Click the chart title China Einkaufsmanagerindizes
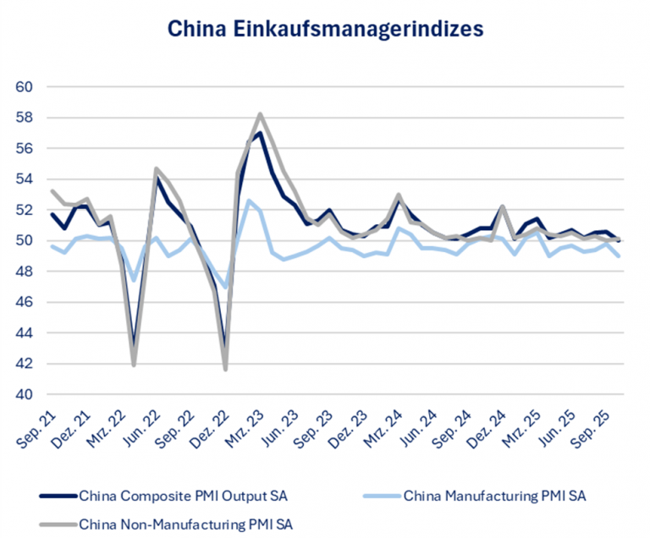pyautogui.click(x=325, y=29)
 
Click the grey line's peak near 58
pyautogui.click(x=260, y=114)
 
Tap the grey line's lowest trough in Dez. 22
pyautogui.click(x=225, y=369)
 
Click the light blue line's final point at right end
pyautogui.click(x=620, y=255)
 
